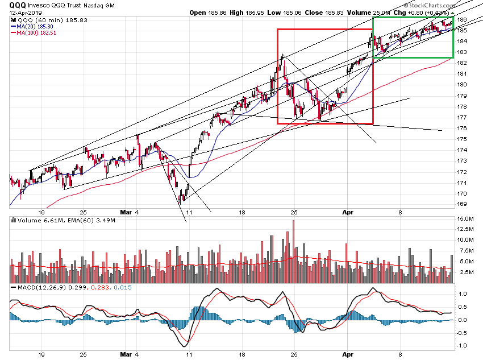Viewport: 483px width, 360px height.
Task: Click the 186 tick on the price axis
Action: [x=463, y=19]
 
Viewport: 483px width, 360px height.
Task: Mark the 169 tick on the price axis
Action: [x=463, y=204]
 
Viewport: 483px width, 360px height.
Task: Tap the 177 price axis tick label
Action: [x=463, y=117]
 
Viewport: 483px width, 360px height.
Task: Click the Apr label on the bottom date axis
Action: [x=349, y=354]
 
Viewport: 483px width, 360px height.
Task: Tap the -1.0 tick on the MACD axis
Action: [x=463, y=345]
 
